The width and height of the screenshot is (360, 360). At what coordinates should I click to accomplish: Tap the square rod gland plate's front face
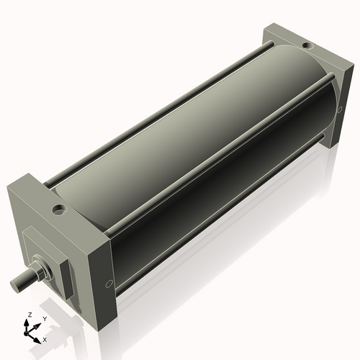coord(39,252)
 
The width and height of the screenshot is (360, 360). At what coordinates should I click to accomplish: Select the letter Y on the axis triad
coord(45,318)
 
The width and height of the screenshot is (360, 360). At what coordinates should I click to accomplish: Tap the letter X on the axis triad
coord(45,338)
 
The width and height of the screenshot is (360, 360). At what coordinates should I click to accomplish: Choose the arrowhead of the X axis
coord(39,336)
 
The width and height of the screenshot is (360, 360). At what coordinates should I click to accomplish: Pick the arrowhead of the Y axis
coord(39,323)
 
